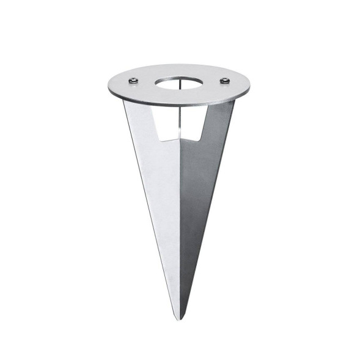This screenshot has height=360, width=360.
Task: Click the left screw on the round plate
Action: coord(133,81)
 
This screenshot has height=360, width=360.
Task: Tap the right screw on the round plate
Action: coord(225,81)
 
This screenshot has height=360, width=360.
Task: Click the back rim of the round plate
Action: coord(178,64)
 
